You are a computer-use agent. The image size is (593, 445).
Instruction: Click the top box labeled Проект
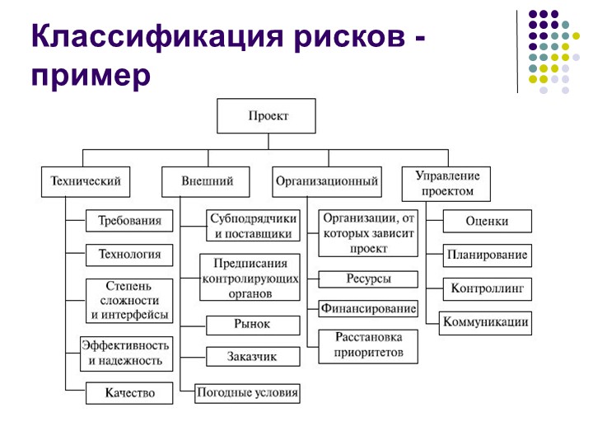pos(266,116)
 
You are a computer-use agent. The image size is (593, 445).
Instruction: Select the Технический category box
pos(86,181)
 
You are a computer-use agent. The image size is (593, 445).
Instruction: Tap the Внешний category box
pos(208,181)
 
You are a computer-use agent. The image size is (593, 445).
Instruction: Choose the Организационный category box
pos(327,181)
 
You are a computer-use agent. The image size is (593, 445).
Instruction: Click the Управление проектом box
pos(447,183)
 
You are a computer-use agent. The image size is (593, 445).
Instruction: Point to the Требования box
pos(130,221)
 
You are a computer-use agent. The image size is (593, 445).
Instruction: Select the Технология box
pos(130,255)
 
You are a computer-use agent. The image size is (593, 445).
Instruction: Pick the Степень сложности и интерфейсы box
pos(130,300)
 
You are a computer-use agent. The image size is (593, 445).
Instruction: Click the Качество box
pos(130,393)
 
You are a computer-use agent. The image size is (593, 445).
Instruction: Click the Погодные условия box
pos(247,393)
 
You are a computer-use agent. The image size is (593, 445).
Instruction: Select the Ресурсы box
pos(369,279)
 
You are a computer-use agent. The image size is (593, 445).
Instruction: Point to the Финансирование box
pos(369,309)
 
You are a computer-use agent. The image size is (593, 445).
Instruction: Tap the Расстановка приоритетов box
pos(369,345)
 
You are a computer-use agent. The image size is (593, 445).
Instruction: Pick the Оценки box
pos(487,221)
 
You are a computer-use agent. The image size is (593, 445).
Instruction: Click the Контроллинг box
pos(487,289)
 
